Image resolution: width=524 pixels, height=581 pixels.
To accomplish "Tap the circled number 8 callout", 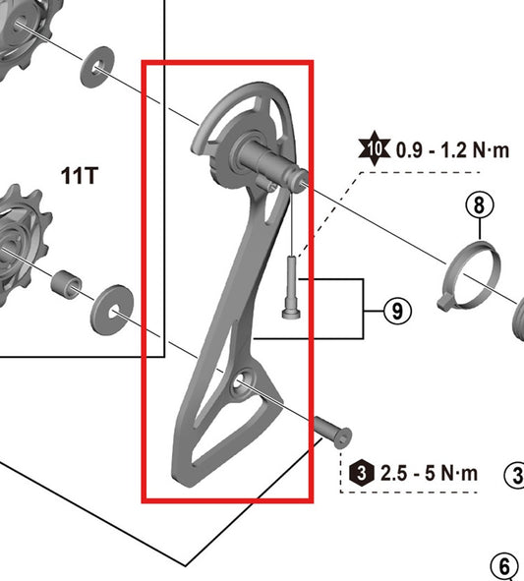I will [479, 205].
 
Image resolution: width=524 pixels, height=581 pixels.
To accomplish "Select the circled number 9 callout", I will [395, 311].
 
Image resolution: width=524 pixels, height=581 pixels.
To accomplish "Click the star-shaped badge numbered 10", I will [374, 150].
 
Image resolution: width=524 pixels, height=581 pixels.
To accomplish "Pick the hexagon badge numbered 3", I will [362, 473].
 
